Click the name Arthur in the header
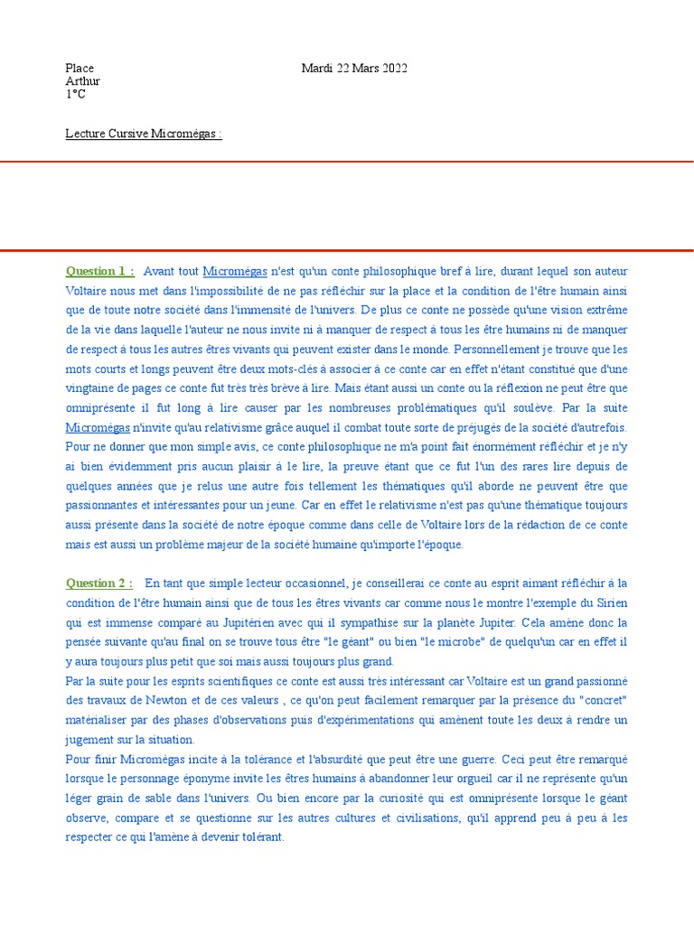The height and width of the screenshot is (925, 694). (82, 81)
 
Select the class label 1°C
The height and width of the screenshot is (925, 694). (75, 94)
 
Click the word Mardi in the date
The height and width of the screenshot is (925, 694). (317, 69)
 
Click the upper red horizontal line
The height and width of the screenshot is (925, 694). (347, 162)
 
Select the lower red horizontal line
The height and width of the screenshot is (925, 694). (347, 250)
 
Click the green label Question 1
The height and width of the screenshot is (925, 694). (99, 271)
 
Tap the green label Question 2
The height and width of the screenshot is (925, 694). (99, 583)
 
